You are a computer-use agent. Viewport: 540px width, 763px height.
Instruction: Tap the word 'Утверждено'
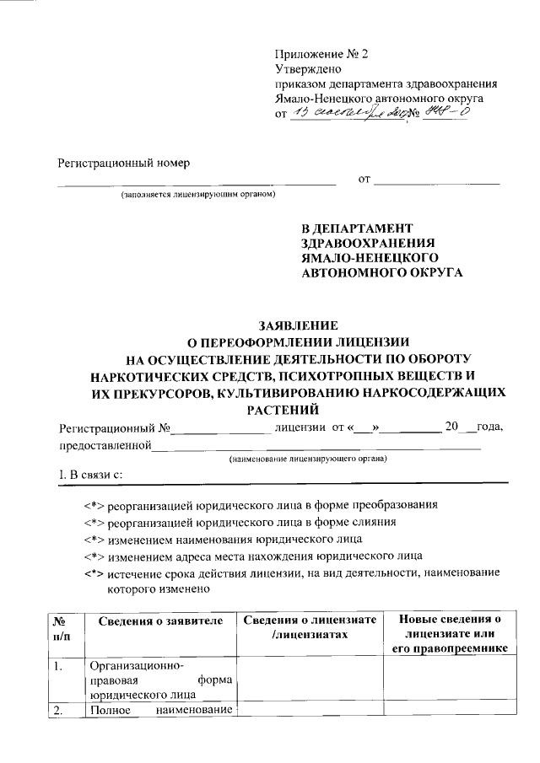point(307,69)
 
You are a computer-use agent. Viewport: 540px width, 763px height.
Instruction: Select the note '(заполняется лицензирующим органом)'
point(197,196)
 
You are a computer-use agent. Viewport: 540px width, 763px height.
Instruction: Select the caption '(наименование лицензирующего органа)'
point(308,459)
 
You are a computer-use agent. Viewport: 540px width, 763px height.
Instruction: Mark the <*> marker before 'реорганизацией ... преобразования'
point(93,506)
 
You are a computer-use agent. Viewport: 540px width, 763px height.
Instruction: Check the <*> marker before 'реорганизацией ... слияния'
point(93,523)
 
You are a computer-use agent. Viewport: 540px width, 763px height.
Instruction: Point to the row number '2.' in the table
point(58,710)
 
